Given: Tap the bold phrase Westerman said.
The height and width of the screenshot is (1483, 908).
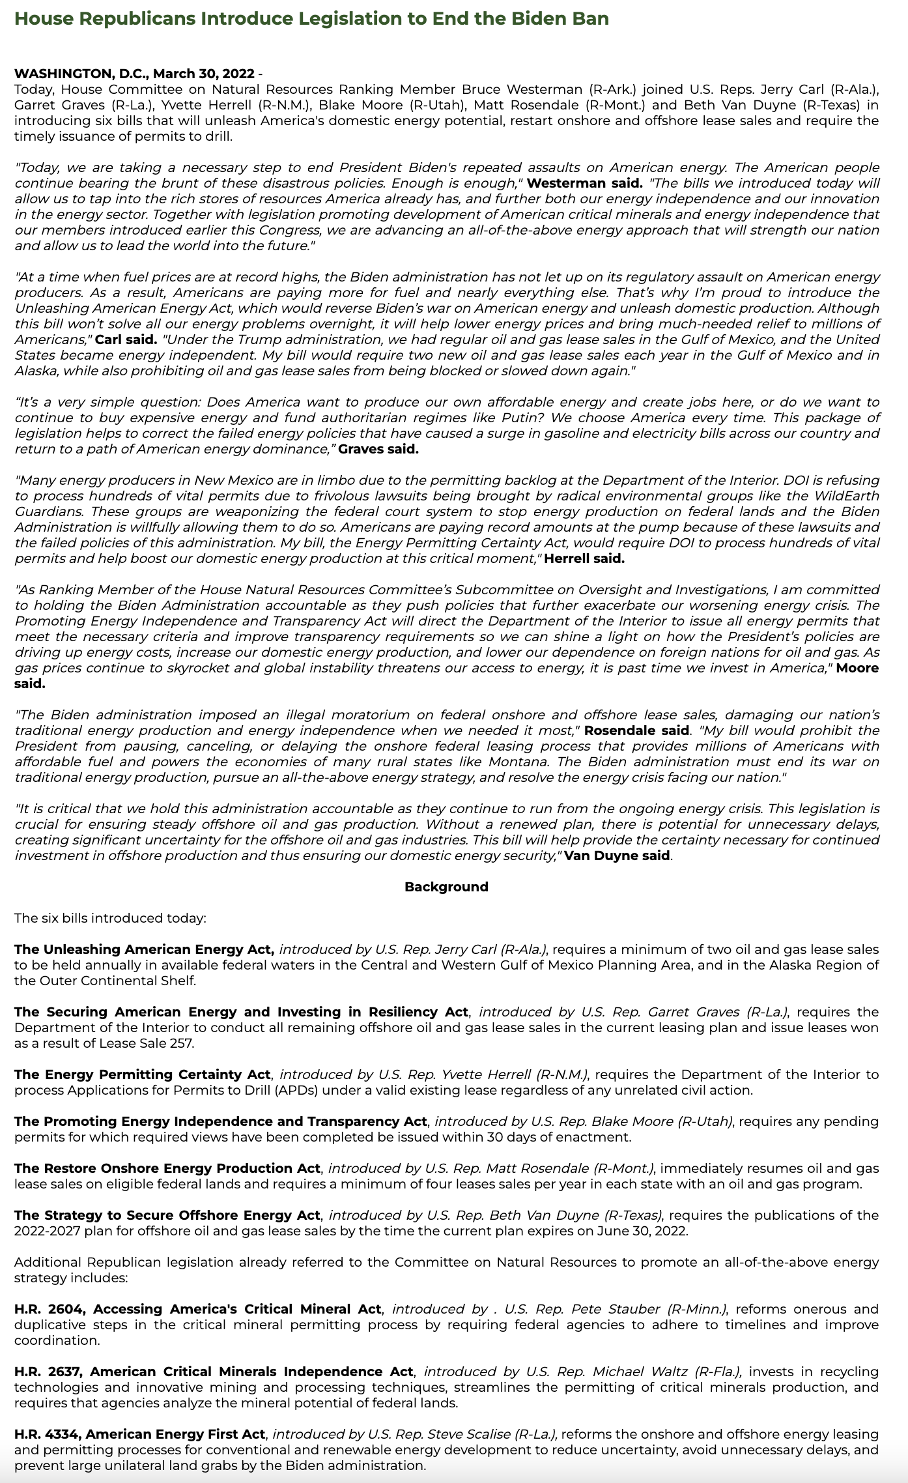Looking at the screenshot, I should pyautogui.click(x=584, y=183).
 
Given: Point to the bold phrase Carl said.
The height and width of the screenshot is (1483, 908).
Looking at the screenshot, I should pyautogui.click(x=126, y=339).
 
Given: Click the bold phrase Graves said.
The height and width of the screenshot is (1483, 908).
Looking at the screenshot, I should pyautogui.click(x=378, y=449).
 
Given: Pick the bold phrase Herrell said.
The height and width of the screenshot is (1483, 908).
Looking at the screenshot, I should pyautogui.click(x=584, y=558).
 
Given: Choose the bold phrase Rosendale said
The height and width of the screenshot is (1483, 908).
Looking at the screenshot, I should pyautogui.click(x=636, y=730).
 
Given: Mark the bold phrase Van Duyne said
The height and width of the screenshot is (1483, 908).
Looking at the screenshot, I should pyautogui.click(x=617, y=856).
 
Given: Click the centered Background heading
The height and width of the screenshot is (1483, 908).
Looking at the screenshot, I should pyautogui.click(x=446, y=887).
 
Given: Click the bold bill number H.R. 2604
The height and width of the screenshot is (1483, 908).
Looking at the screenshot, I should pyautogui.click(x=48, y=1309).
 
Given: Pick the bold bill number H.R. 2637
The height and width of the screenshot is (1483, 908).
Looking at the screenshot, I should pyautogui.click(x=48, y=1372).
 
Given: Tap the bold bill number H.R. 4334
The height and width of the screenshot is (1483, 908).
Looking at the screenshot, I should pyautogui.click(x=47, y=1434).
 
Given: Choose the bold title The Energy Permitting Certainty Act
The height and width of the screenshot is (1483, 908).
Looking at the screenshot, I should pyautogui.click(x=142, y=1074).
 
